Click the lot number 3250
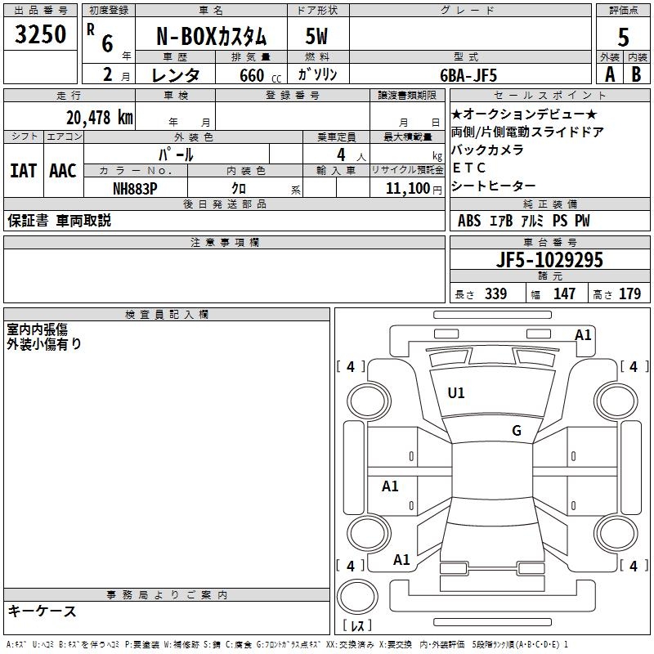click(40, 34)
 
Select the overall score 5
click(623, 37)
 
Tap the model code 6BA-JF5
click(468, 75)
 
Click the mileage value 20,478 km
click(100, 118)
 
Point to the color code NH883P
click(135, 189)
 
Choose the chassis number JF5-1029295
click(549, 260)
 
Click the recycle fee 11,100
click(407, 189)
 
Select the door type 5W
click(316, 36)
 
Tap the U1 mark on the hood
click(455, 393)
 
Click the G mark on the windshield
click(517, 431)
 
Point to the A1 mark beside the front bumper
click(583, 335)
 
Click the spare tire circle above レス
click(357, 596)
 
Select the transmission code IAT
click(24, 171)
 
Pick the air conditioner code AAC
click(63, 171)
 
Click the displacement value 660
click(252, 75)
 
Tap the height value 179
click(629, 293)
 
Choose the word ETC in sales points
click(468, 168)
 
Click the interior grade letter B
click(636, 74)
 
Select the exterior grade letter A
click(610, 74)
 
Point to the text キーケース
click(42, 611)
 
